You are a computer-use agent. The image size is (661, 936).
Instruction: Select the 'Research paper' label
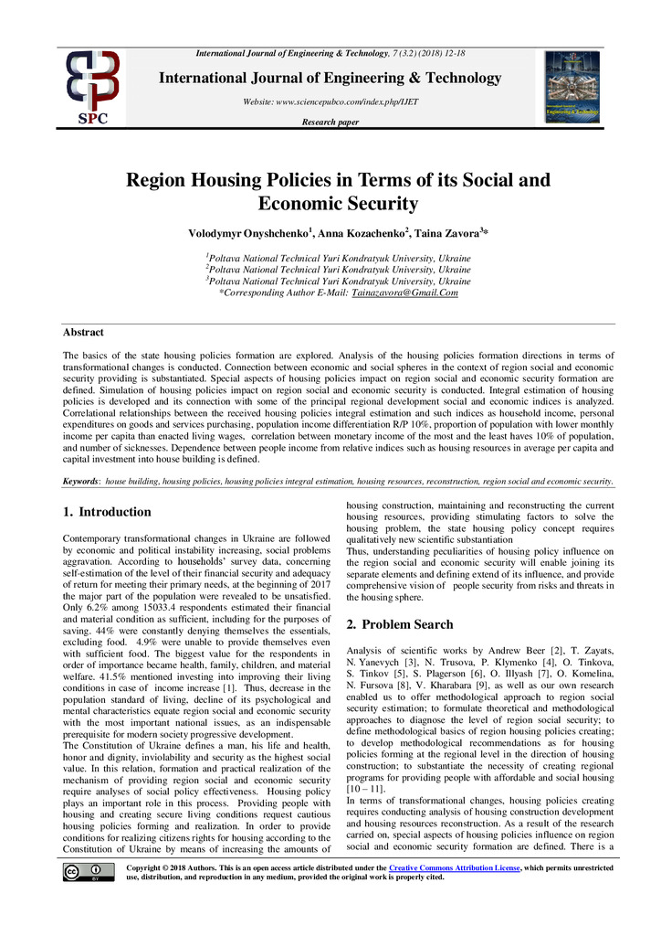(330, 122)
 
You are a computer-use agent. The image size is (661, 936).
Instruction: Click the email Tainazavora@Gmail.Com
(404, 292)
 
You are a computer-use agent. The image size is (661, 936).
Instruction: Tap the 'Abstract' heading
(83, 332)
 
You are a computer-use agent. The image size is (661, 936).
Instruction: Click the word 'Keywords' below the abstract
(80, 481)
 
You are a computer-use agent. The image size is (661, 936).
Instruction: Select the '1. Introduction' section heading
(107, 512)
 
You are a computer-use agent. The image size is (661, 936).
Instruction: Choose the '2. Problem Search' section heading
(399, 624)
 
